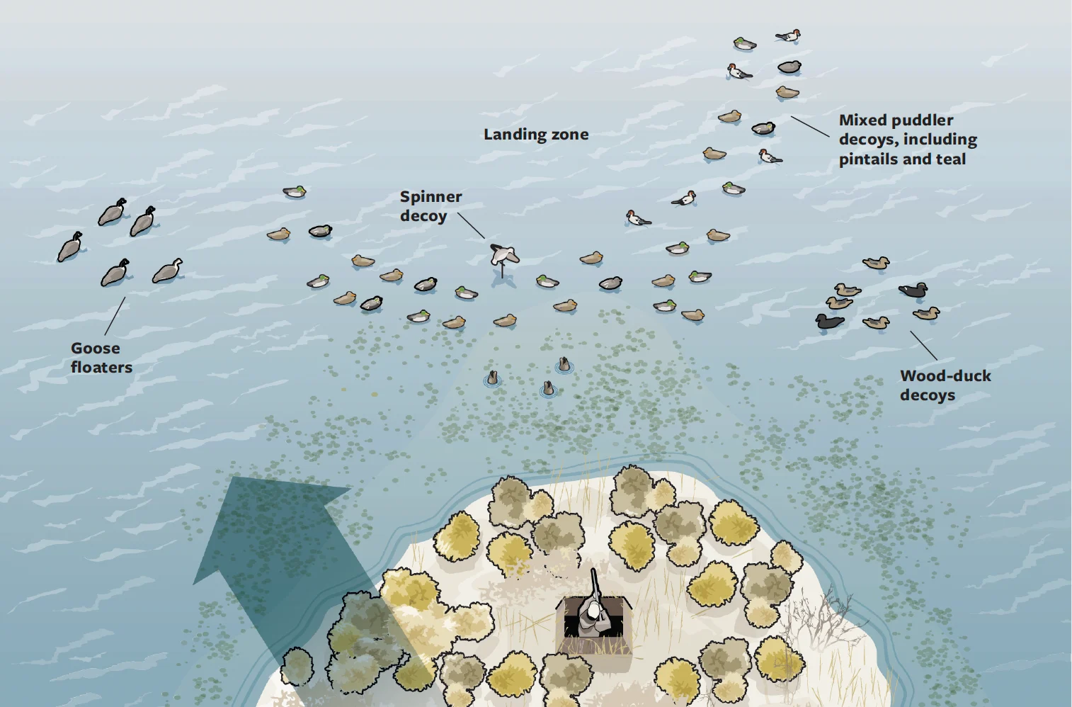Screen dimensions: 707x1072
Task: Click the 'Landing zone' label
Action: tap(536, 135)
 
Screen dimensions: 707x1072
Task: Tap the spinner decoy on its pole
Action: tap(503, 254)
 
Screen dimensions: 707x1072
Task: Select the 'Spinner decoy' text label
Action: tap(430, 206)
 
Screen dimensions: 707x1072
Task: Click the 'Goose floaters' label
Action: tap(101, 358)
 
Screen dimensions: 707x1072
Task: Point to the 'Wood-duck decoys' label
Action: tap(945, 385)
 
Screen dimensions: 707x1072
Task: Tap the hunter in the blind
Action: tap(593, 616)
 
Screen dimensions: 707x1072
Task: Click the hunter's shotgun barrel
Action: tap(595, 582)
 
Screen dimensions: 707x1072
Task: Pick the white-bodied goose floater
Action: tap(169, 271)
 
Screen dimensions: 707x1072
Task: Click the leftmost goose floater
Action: tap(69, 247)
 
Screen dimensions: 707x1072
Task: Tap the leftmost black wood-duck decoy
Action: tap(829, 322)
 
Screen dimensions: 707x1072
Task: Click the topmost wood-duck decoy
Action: tap(876, 263)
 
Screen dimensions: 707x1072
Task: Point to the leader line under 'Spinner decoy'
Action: tap(471, 225)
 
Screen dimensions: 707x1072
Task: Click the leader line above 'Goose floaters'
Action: tap(115, 316)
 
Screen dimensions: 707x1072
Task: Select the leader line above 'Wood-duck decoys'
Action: tap(923, 346)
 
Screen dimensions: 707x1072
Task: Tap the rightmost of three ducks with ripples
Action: tap(564, 365)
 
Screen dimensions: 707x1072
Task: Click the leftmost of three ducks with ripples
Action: tap(492, 378)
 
